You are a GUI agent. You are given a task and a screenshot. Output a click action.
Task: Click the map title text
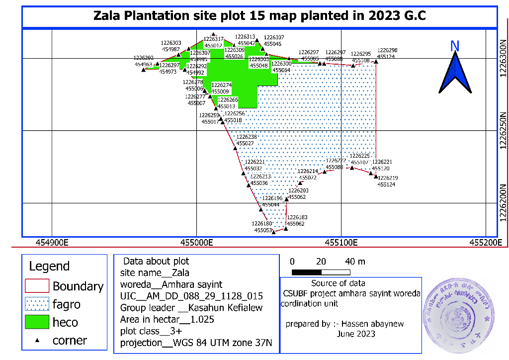259,16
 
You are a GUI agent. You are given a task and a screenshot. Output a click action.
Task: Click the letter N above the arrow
454,46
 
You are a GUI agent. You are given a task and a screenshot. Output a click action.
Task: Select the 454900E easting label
52,243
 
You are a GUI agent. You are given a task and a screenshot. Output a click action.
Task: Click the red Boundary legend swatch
37,286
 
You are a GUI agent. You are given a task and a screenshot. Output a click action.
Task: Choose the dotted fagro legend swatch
37,304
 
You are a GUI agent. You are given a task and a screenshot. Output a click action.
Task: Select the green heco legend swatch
37,322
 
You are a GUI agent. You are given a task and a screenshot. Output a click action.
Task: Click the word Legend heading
49,266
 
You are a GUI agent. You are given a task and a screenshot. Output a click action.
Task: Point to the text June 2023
356,334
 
